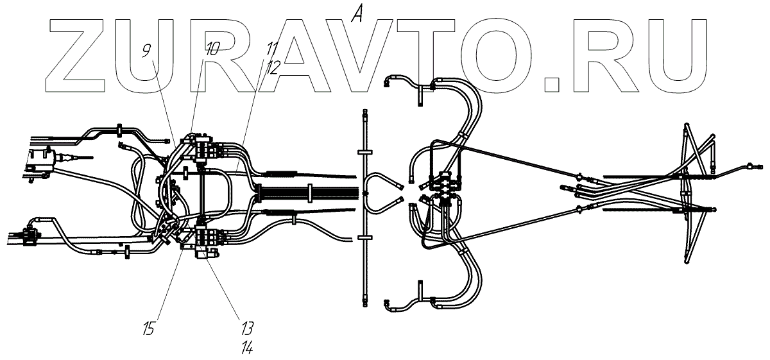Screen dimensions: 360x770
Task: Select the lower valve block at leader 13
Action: click(207, 239)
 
